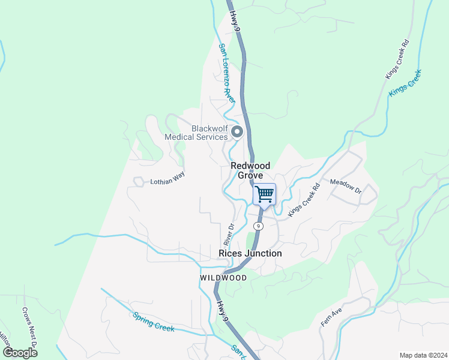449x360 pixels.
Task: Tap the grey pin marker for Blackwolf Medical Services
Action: [x=237, y=132]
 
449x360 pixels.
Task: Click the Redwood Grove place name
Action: [x=250, y=170]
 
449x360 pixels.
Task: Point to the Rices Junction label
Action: [x=250, y=254]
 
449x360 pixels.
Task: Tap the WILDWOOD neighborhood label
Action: [x=223, y=278]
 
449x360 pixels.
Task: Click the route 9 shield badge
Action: [x=258, y=226]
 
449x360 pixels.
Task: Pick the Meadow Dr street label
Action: [x=346, y=186]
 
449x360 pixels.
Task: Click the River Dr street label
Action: [x=229, y=235]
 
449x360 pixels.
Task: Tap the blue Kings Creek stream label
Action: [x=405, y=82]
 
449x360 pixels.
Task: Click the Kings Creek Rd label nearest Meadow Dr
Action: [x=304, y=200]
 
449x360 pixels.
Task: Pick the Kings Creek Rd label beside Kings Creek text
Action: [x=397, y=59]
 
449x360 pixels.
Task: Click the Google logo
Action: [x=20, y=353]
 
